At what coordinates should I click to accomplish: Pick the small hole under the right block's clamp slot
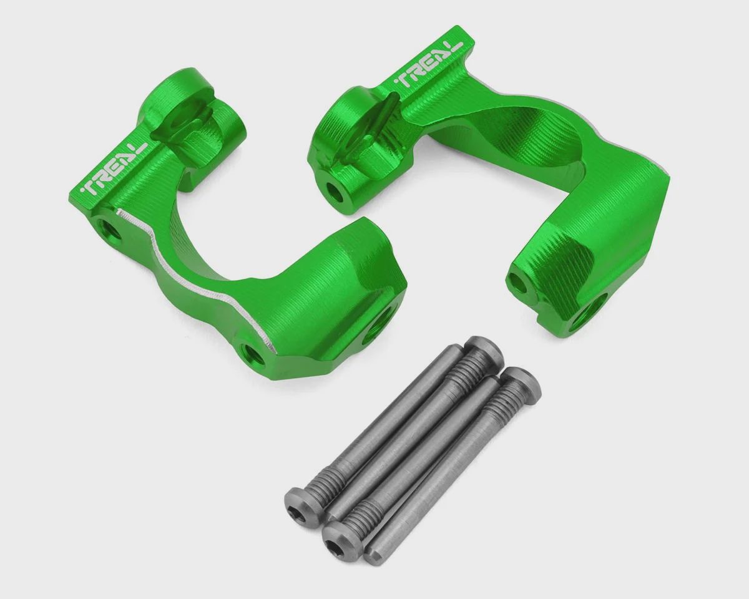[x=336, y=194]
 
